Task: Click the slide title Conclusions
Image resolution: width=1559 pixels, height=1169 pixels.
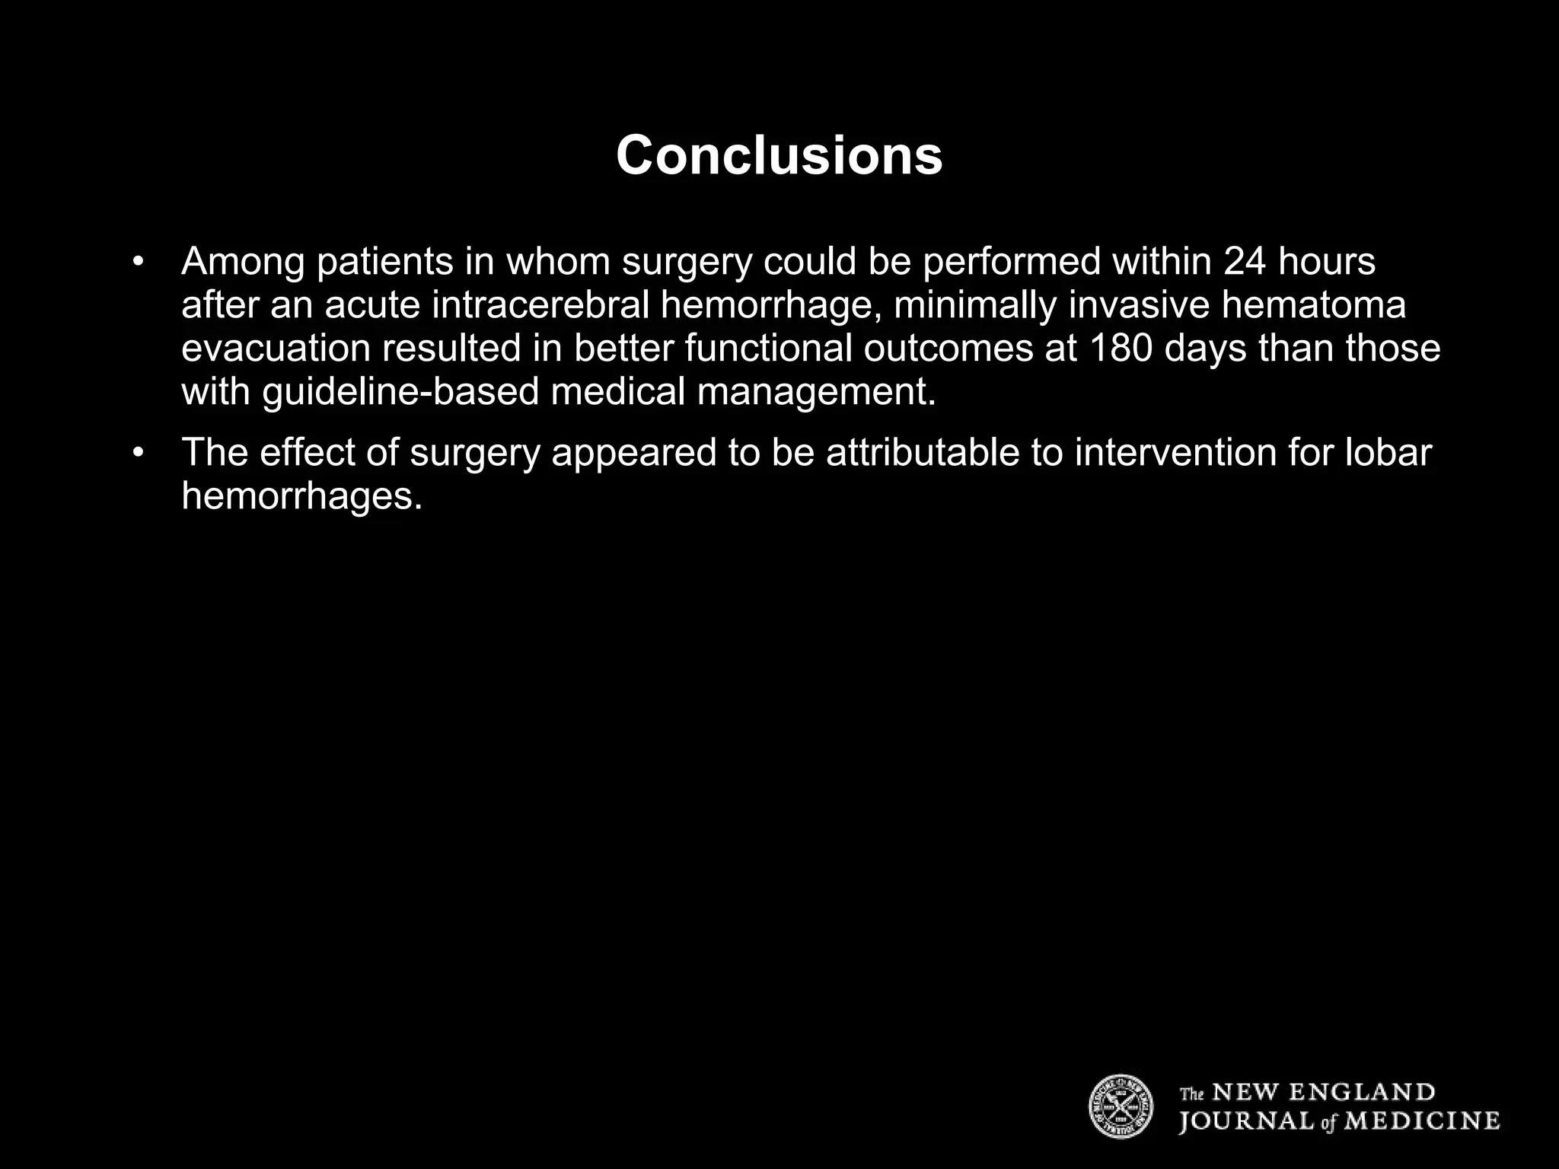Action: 779,155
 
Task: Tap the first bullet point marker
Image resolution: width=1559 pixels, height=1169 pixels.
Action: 138,261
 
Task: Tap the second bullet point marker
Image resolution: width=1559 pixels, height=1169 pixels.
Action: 138,452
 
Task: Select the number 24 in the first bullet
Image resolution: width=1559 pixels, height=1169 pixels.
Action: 1245,261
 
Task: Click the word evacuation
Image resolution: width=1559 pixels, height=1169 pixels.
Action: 276,348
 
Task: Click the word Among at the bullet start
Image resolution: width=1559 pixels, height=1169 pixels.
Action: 242,261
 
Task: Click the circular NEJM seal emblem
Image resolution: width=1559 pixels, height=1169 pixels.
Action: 1121,1107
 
